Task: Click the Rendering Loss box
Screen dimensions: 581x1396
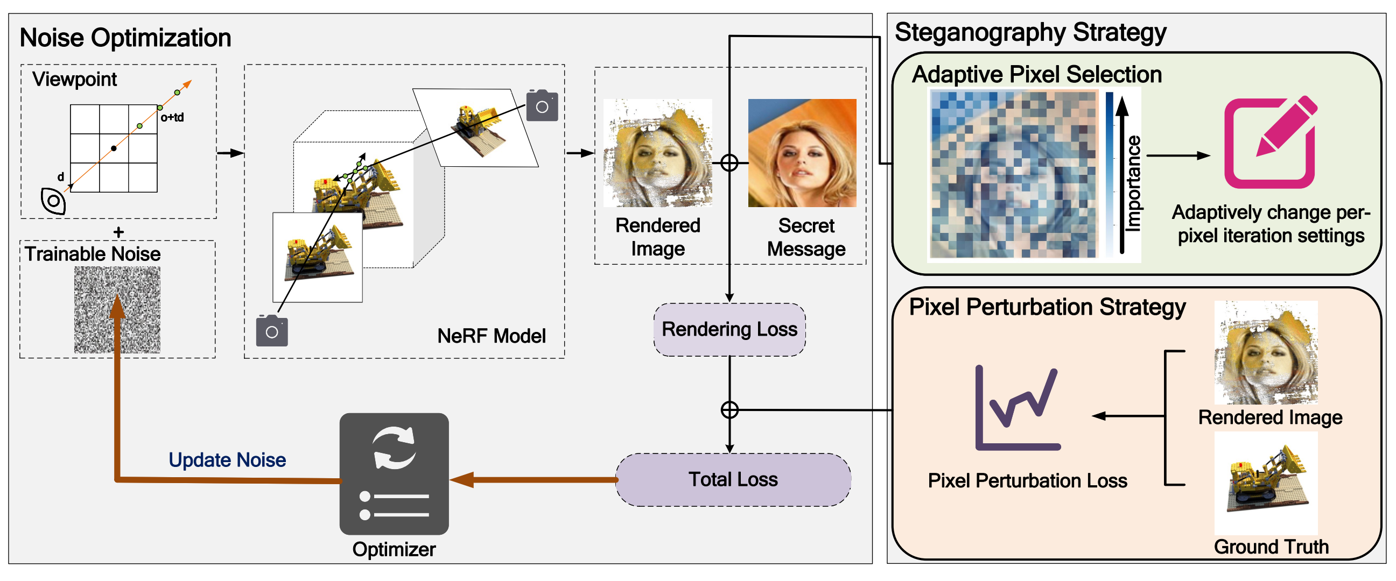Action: [729, 329]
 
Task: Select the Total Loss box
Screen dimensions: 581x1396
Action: [733, 480]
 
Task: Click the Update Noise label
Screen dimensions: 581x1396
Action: [227, 460]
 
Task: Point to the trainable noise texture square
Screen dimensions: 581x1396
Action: [117, 310]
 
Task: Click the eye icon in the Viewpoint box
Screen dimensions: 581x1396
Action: [53, 201]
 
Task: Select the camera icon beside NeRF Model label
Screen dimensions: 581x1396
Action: [272, 331]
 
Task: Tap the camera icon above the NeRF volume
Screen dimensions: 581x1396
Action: [542, 105]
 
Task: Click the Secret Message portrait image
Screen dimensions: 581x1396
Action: [802, 153]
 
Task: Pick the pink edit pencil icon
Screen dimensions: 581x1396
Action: [1269, 143]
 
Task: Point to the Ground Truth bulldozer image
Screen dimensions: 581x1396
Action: [1265, 483]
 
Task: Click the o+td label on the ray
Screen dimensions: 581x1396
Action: [172, 117]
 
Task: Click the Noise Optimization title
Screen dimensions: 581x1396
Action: [125, 38]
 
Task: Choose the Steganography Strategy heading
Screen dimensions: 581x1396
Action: [1030, 32]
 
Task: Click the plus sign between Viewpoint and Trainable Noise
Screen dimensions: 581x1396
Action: [118, 232]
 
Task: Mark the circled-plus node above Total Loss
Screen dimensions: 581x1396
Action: [729, 410]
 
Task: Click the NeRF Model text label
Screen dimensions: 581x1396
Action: [491, 336]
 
